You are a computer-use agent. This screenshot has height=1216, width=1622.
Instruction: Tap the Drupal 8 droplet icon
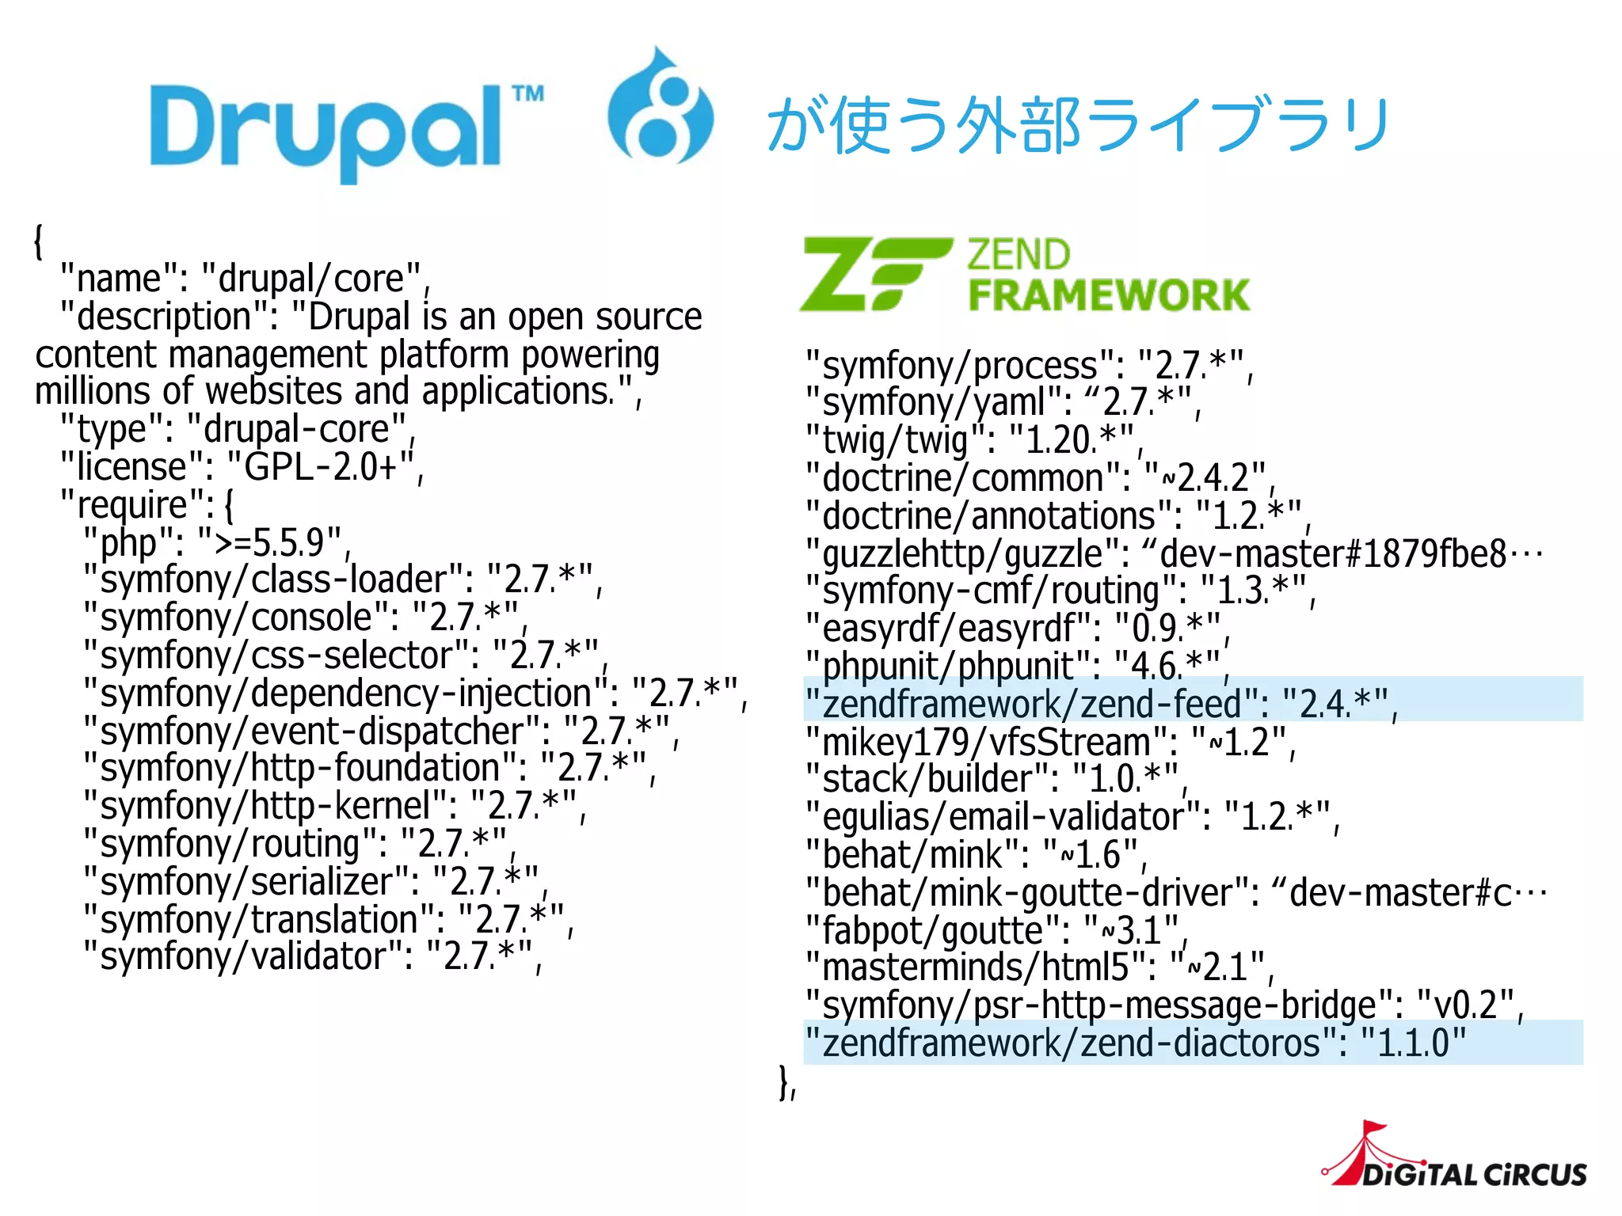[660, 107]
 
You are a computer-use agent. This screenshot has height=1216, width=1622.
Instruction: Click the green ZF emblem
[875, 274]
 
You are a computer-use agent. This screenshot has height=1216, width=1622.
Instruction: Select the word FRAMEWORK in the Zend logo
[1109, 295]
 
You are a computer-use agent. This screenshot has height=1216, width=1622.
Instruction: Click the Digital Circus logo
[1457, 1160]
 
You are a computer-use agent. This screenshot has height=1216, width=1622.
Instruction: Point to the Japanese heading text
[1077, 125]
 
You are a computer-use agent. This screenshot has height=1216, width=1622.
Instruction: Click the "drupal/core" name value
[312, 279]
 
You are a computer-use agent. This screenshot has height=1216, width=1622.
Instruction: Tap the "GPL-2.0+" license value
[321, 467]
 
